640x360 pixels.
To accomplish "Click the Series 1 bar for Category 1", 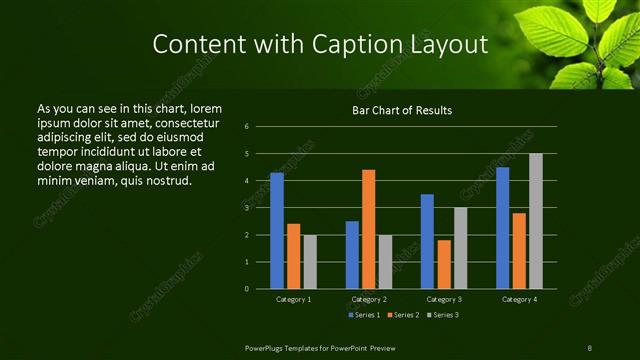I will tap(277, 230).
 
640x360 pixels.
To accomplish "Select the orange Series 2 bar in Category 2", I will tap(368, 229).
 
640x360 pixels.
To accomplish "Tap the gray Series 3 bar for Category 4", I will tap(535, 221).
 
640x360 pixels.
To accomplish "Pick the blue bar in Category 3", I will tap(427, 241).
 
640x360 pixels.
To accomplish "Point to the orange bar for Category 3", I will tap(443, 264).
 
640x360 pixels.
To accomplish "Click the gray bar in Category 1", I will tap(309, 261).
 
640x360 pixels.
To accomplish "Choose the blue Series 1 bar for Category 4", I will tap(502, 227).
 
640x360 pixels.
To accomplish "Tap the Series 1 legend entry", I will tap(362, 316).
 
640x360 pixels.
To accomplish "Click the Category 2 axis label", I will tap(368, 299).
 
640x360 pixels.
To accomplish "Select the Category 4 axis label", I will tap(518, 299).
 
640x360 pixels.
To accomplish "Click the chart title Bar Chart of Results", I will tap(402, 110).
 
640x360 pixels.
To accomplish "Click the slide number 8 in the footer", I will tap(590, 347).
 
